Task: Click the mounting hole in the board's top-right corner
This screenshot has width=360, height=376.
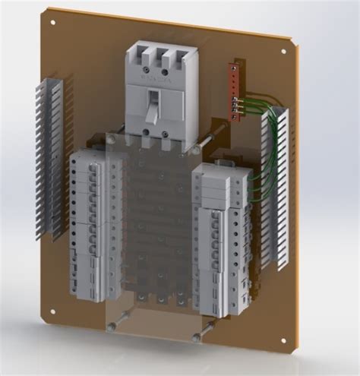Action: coord(283,52)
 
